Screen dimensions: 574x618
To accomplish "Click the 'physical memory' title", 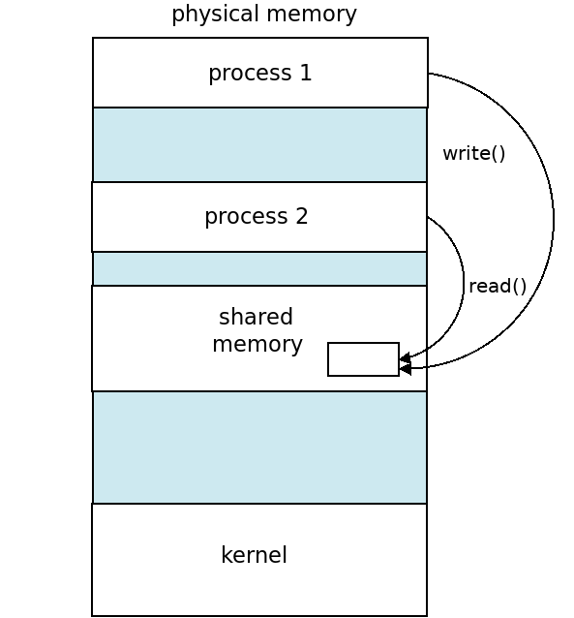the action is [264, 15].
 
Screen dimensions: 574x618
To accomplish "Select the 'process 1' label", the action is [260, 73].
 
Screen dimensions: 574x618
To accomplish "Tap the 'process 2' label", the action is [257, 216].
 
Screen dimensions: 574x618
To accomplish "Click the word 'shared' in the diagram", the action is [257, 317].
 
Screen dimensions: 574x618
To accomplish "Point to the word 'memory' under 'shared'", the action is [257, 345].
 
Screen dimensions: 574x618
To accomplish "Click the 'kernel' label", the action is [255, 554].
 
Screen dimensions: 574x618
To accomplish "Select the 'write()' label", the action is [474, 153].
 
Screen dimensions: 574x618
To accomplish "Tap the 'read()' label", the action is [498, 286].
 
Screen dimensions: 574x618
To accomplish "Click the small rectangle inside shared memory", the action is [363, 359].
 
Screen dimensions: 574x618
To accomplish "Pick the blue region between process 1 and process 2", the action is [260, 144].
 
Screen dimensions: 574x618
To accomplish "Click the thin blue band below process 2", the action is [260, 268].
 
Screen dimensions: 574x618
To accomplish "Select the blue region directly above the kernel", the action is [260, 448].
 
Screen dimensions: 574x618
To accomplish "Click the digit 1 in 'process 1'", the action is [306, 73].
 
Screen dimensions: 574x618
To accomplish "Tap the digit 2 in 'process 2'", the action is [302, 216].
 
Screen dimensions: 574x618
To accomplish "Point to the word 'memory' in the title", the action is [312, 15].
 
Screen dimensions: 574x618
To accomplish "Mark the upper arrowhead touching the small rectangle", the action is [405, 357].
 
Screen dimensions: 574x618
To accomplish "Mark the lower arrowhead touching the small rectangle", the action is [405, 369].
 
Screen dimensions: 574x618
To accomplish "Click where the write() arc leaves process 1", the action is [428, 74].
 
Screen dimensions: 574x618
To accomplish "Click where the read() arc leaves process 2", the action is [428, 217].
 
